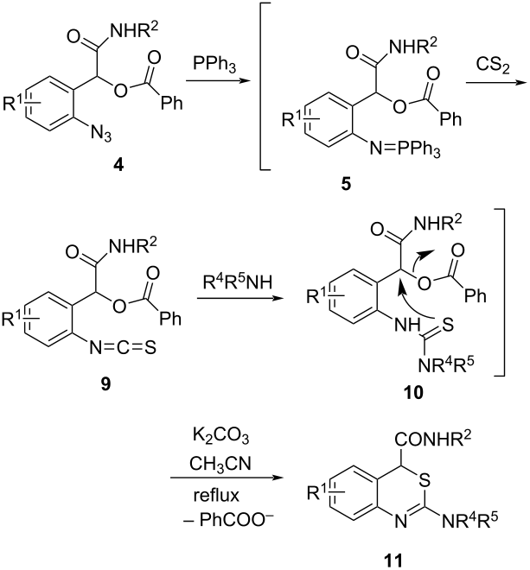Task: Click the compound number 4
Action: coord(118,166)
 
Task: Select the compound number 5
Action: coord(346,184)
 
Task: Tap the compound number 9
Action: coord(105,383)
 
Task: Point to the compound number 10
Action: coord(413,392)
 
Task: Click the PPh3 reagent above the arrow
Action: coord(214,65)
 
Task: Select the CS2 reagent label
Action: coord(493,66)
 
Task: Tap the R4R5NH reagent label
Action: coord(238,282)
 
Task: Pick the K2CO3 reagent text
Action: coord(220,438)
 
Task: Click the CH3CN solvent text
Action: coord(220,465)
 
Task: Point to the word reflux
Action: coord(216,495)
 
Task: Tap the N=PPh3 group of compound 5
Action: coord(405,149)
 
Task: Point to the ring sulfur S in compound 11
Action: coord(425,481)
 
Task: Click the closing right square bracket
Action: coord(499,292)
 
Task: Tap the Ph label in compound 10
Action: coord(476,295)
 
